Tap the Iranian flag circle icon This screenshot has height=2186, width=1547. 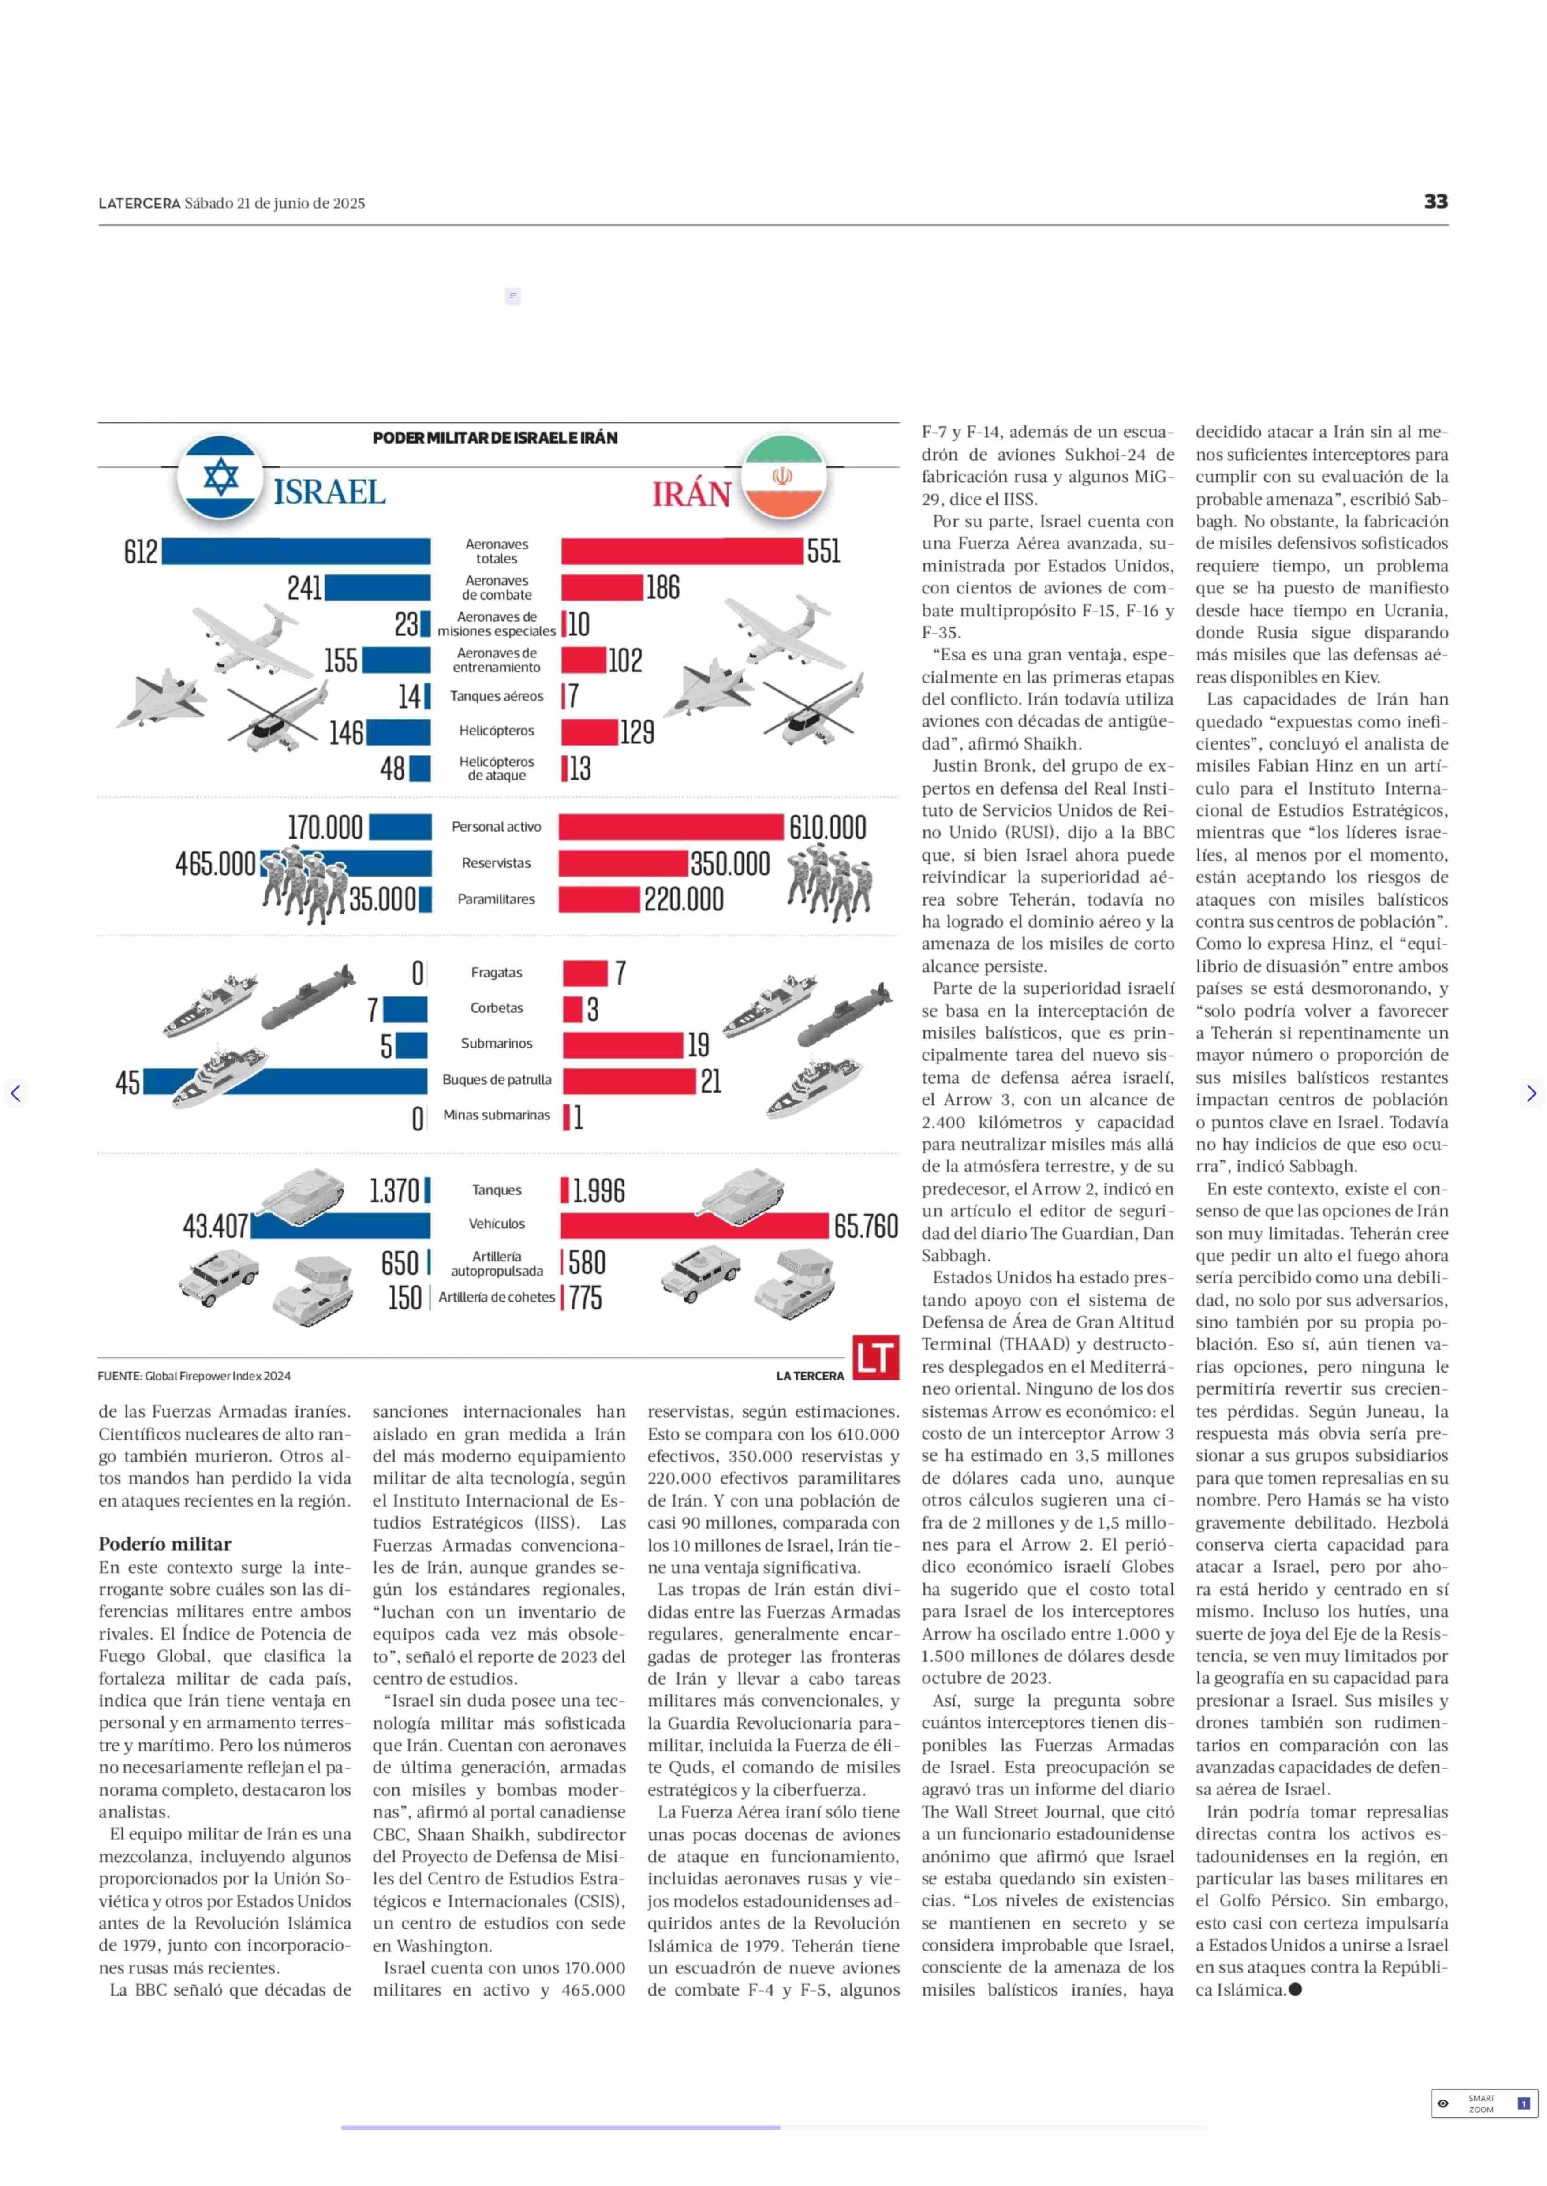(783, 476)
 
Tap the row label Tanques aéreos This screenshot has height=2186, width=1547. (496, 696)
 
